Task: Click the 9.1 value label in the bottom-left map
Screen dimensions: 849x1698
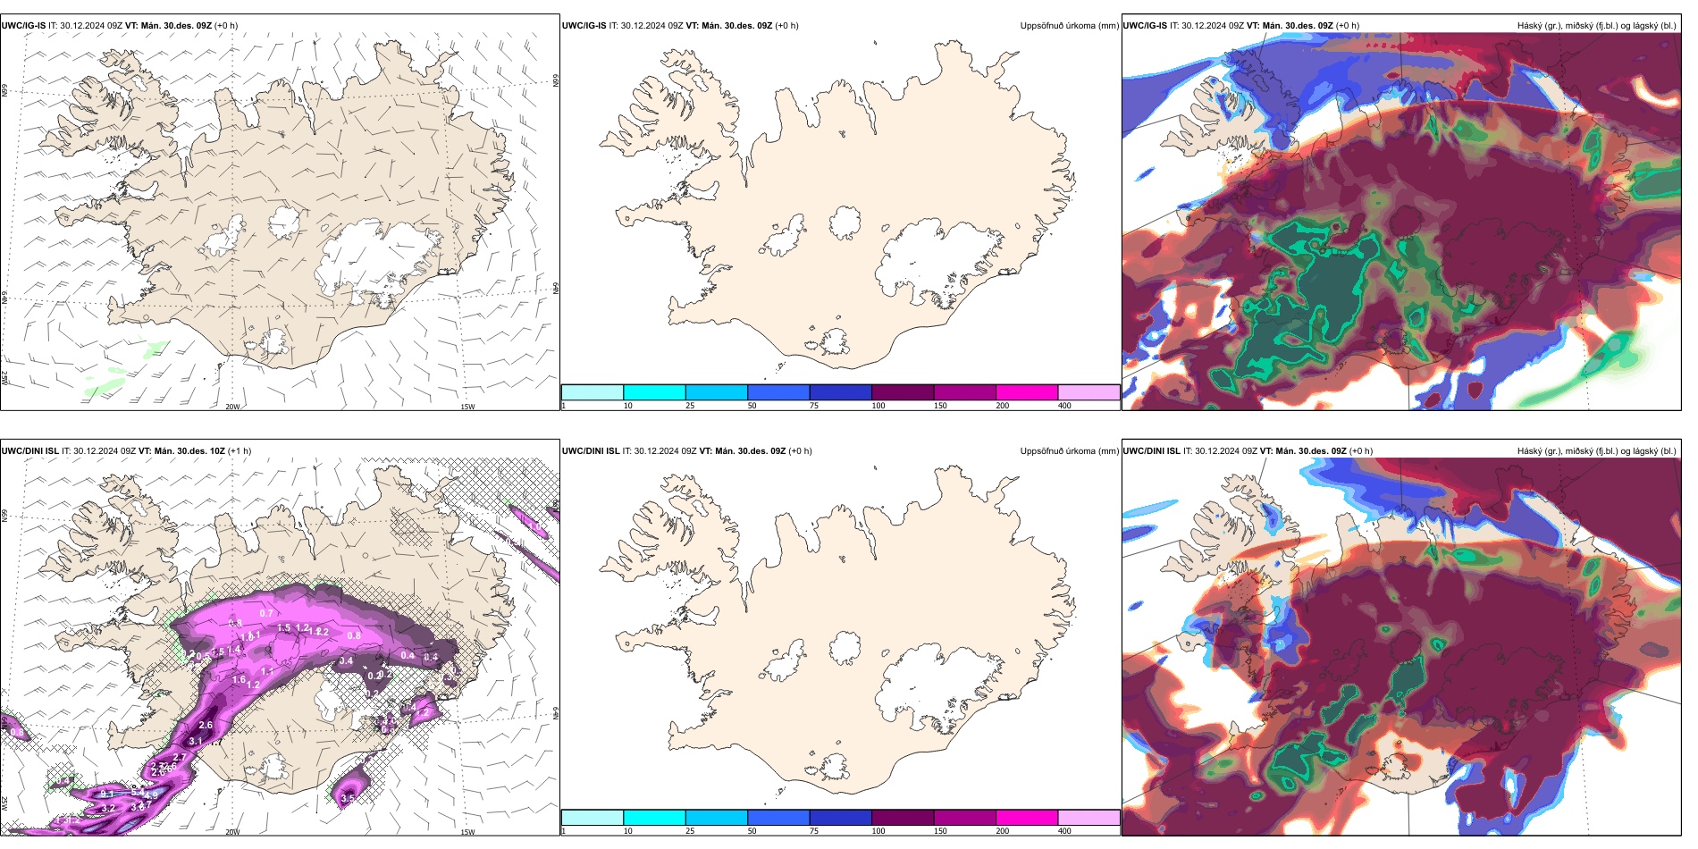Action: coord(107,794)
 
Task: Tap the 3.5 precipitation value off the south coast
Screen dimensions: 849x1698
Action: coord(349,798)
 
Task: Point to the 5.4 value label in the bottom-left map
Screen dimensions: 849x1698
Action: coord(138,791)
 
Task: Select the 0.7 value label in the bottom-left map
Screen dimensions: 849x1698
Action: coord(266,613)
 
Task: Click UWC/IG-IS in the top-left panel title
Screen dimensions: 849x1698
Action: coord(23,26)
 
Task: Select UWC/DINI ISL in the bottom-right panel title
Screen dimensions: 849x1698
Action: coord(1151,451)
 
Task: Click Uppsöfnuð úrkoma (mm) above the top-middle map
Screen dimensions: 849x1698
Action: coord(1069,26)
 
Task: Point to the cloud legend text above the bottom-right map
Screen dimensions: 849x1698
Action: coord(1596,451)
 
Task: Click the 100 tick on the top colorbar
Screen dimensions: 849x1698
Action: coord(878,406)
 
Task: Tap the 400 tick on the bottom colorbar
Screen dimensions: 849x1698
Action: coord(1064,831)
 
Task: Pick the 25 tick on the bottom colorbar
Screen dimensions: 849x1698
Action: coord(690,831)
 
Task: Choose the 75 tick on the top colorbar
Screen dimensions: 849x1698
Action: coord(814,406)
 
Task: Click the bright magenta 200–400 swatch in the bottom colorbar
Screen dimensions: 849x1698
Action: coord(1027,818)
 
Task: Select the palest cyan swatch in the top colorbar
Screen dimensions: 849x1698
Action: coord(592,392)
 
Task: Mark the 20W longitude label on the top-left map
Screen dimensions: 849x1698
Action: coord(232,407)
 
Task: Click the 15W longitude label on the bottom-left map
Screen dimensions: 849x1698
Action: coord(467,832)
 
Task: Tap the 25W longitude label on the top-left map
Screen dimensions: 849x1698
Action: coord(4,378)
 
